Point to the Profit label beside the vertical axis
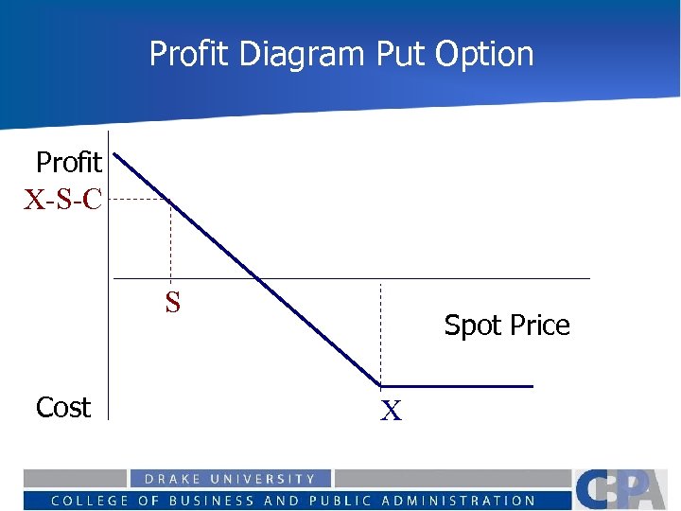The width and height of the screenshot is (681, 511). tap(68, 163)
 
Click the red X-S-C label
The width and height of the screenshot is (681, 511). tap(63, 200)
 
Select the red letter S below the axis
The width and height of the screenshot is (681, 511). tap(172, 302)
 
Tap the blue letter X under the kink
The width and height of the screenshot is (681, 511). tap(391, 411)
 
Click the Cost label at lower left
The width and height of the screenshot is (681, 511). tap(63, 407)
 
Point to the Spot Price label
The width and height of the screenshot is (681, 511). tap(507, 325)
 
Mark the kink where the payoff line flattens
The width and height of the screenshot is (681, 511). tap(381, 385)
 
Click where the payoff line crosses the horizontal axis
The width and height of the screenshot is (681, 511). tap(257, 278)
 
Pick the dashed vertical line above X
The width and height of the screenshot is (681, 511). tap(380, 331)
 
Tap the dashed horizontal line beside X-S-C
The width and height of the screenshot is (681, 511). tap(138, 200)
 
